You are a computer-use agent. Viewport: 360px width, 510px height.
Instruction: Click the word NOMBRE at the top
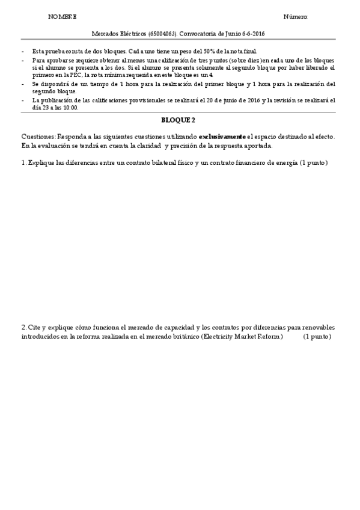point(63,17)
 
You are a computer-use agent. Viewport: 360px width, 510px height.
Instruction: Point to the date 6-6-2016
point(252,34)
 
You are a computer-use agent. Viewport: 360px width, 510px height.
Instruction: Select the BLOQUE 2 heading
point(178,120)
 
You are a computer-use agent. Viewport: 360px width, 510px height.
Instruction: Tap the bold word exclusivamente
point(222,137)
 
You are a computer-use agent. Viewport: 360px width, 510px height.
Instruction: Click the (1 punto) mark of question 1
point(313,164)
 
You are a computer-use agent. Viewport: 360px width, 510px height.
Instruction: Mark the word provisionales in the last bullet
point(135,100)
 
